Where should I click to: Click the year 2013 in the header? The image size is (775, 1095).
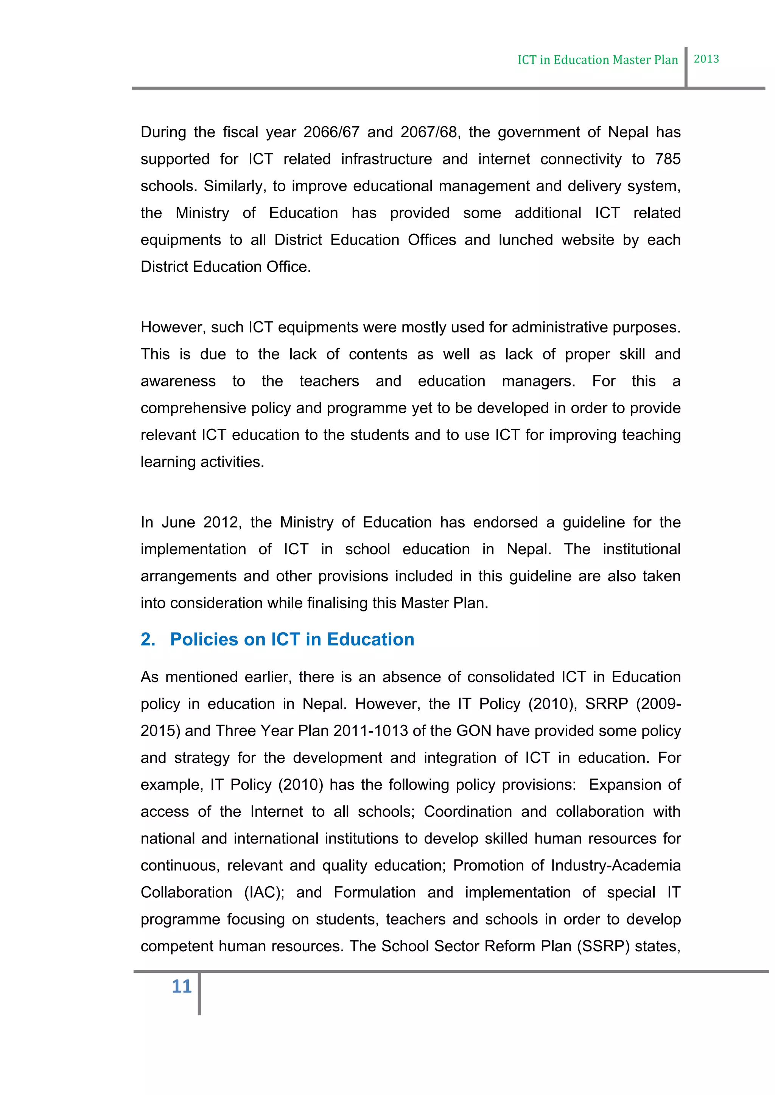(x=706, y=59)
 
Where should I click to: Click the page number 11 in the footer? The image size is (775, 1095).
(x=181, y=986)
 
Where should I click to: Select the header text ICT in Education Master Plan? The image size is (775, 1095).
(x=598, y=60)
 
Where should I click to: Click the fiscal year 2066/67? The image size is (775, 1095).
(x=331, y=132)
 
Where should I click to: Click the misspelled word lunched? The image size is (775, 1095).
(x=525, y=240)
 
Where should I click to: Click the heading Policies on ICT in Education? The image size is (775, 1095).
(x=292, y=639)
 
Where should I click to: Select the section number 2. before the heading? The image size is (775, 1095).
(x=148, y=639)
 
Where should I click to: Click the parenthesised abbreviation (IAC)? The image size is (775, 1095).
(x=264, y=893)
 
